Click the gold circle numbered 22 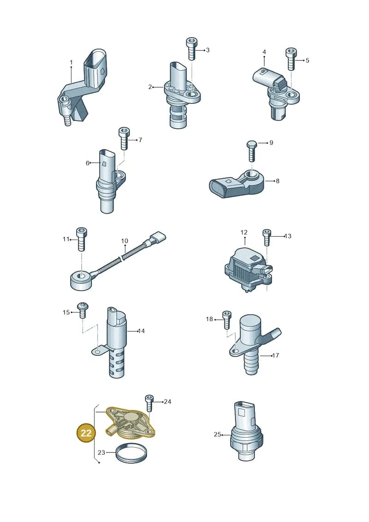[x=86, y=433]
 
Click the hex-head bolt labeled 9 [x=251, y=151]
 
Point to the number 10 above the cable [x=125, y=241]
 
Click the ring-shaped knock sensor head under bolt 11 [x=82, y=279]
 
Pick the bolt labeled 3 [x=191, y=49]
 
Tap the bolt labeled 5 [x=291, y=59]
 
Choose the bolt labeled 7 [x=124, y=138]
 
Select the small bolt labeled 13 [x=267, y=237]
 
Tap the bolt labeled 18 [x=227, y=319]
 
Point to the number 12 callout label [x=244, y=232]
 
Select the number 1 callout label [x=71, y=62]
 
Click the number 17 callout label [x=275, y=355]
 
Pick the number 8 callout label [x=278, y=181]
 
